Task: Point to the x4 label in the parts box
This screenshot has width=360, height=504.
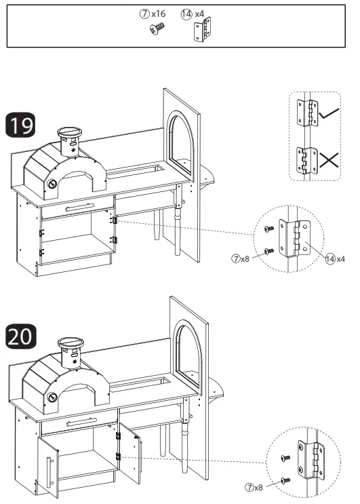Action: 199,14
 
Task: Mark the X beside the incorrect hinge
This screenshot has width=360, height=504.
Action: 331,161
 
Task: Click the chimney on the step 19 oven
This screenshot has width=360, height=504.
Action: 69,140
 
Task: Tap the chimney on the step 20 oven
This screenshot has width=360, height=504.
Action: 72,352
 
